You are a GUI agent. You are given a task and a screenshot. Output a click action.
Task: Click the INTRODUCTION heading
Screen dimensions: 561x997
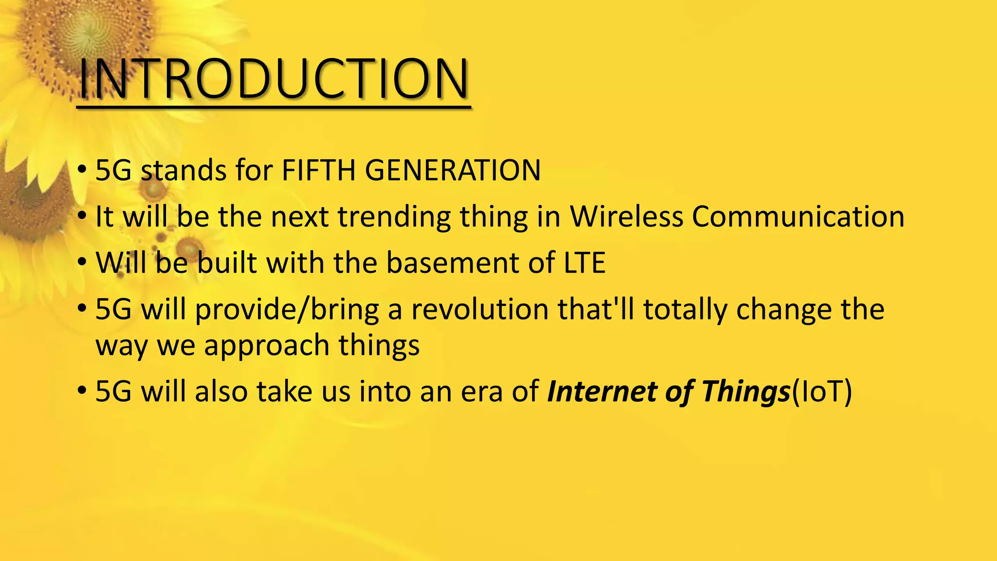[274, 79]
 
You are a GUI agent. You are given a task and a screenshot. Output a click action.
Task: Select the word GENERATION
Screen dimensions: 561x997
[453, 170]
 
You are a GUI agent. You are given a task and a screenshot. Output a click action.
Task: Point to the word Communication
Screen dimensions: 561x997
[798, 216]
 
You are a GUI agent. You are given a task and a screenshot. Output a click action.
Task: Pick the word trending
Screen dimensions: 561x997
[394, 217]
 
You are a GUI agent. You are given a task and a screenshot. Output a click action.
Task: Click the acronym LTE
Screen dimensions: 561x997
[585, 263]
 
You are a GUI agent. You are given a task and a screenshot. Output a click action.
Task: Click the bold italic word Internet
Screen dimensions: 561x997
[602, 392]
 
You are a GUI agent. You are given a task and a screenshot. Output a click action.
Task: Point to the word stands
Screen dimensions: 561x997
[184, 170]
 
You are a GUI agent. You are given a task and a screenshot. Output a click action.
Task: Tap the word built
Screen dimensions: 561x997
[227, 263]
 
